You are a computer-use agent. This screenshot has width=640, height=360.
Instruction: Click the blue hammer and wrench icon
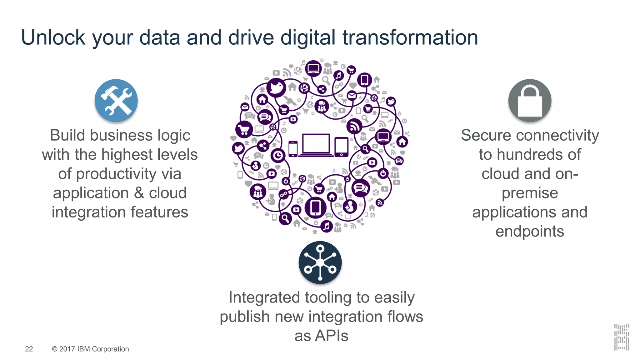(x=116, y=100)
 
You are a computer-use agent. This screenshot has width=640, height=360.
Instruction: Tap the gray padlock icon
(x=530, y=100)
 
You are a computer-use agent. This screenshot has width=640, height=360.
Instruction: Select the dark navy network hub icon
(x=320, y=262)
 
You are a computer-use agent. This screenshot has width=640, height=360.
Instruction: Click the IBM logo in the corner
(x=621, y=337)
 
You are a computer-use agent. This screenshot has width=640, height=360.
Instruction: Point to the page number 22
(x=29, y=349)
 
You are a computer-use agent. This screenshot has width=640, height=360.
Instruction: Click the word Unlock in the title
(x=53, y=37)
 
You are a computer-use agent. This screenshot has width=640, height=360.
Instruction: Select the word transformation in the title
(x=410, y=37)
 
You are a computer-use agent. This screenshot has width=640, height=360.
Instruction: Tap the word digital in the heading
(x=308, y=37)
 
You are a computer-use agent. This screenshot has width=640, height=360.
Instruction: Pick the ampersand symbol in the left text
(x=139, y=193)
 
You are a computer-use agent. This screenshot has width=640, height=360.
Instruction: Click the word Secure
(x=486, y=135)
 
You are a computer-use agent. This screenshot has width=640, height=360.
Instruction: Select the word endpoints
(x=530, y=232)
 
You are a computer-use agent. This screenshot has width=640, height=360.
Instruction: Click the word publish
(x=245, y=317)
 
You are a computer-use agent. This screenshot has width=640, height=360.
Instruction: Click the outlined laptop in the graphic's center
(x=316, y=145)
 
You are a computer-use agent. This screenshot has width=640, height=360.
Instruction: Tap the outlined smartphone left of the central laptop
(x=293, y=148)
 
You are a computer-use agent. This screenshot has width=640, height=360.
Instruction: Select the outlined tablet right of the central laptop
(x=341, y=147)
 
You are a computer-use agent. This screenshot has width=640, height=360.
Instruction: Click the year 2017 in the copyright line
(x=67, y=349)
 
